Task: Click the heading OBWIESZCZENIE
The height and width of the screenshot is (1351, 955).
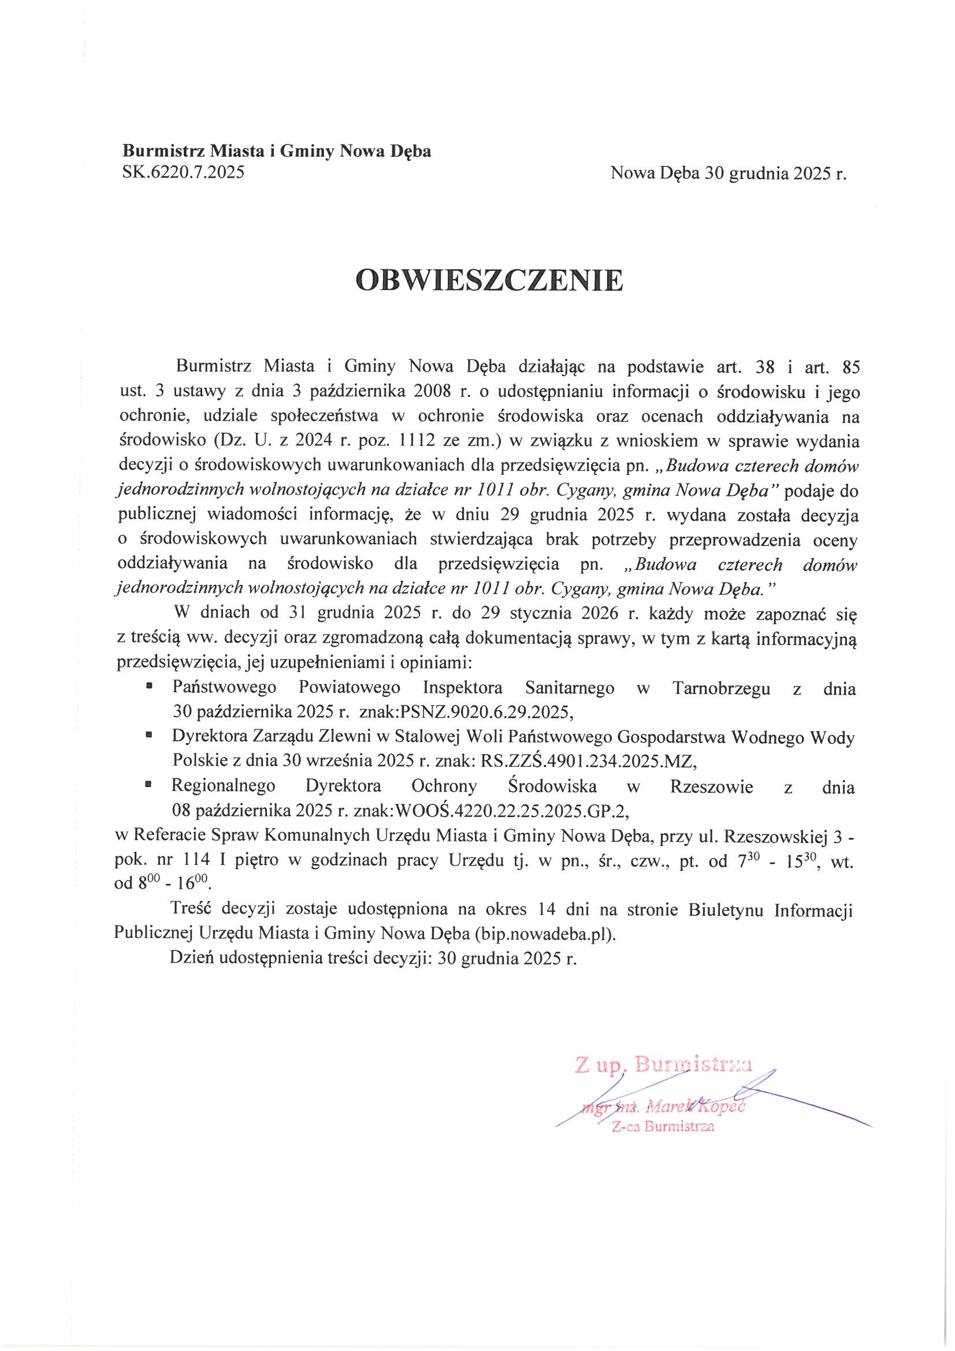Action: click(489, 281)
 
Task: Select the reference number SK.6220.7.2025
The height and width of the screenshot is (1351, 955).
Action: click(183, 172)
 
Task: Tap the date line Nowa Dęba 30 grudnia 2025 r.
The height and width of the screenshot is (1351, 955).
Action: click(728, 173)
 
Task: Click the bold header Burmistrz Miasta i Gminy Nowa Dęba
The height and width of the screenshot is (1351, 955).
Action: click(277, 151)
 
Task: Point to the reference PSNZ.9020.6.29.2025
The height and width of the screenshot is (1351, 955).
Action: click(485, 712)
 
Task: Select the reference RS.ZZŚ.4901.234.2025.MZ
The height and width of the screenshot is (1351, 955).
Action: click(588, 761)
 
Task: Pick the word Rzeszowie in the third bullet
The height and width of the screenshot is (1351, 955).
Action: click(711, 786)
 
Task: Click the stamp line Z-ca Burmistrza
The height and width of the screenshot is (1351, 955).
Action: click(663, 1127)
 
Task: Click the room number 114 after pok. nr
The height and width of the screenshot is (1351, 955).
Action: click(196, 860)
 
